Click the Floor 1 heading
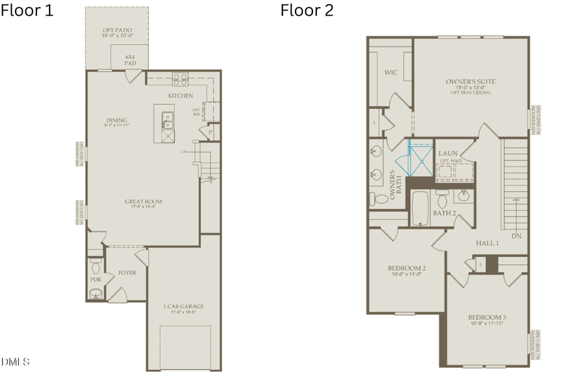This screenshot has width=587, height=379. pos(27,10)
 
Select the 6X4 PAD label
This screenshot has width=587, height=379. pos(131,61)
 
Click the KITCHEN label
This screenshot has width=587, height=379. pos(180,96)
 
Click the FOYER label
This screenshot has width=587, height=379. pos(127,273)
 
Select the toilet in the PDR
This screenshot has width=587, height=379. pos(96,267)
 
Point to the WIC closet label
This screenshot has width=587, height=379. pos(391,72)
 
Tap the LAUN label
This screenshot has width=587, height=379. pos(447,153)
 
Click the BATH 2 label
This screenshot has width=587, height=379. pos(444,213)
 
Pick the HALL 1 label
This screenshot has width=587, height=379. pos(487,243)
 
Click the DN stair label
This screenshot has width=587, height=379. pos(517,236)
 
